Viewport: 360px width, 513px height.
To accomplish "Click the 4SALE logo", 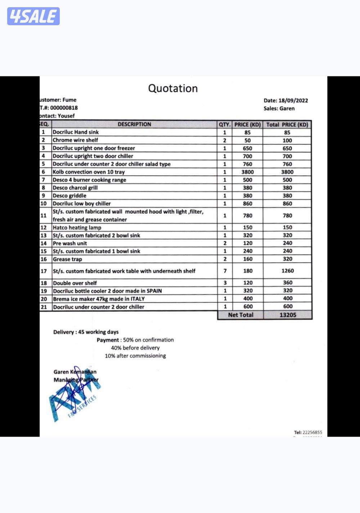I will tap(33, 16).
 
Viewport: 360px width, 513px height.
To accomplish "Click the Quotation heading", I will tap(173, 88).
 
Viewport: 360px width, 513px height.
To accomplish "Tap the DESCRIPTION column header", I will tap(134, 124).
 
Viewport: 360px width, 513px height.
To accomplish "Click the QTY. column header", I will tap(225, 125).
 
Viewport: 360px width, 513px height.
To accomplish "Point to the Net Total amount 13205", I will tap(288, 315).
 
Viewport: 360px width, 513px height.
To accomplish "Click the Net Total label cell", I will tap(240, 315).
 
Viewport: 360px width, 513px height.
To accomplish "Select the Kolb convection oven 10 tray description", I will tap(89, 172).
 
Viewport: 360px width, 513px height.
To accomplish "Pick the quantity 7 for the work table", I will tap(225, 271).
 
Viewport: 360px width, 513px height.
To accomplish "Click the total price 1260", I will tap(288, 271).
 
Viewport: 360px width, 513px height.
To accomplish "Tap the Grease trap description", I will tap(67, 259).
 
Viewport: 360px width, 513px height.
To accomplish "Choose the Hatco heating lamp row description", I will tap(77, 227).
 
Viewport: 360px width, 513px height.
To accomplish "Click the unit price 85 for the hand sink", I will tap(247, 132).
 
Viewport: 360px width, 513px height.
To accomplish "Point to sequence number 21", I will tap(44, 307).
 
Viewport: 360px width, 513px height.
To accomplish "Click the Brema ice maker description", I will tap(99, 299).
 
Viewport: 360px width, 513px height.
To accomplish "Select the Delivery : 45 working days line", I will tap(86, 332).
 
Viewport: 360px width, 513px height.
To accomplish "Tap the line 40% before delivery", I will tap(135, 348).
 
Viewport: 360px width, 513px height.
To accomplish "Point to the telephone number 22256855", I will tap(308, 432).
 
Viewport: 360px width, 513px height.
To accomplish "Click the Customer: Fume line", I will tap(58, 100).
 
